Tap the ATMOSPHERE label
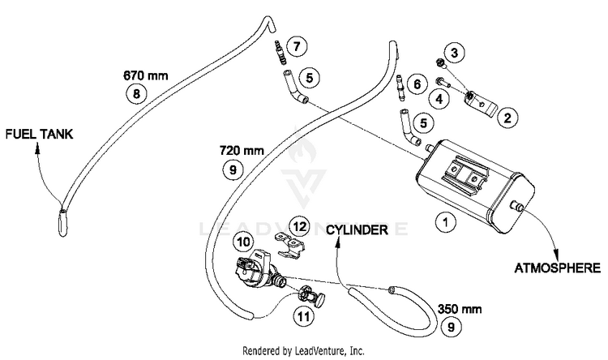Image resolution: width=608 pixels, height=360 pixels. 559,267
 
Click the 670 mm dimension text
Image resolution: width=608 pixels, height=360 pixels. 145,76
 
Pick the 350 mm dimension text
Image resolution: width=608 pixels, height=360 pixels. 459,309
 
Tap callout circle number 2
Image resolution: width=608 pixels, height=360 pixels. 507,118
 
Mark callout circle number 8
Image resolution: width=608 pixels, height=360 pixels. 137,94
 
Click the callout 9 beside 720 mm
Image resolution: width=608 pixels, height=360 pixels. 233,169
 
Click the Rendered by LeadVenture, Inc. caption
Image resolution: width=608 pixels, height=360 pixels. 304,351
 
